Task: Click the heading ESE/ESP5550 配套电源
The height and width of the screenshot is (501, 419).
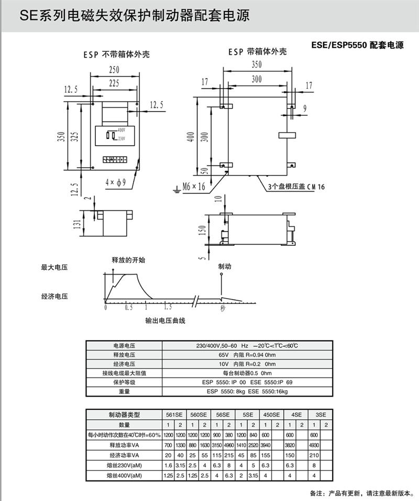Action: click(x=358, y=46)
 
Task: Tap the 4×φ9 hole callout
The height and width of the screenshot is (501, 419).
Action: click(x=115, y=182)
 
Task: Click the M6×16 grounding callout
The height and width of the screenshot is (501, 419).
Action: click(x=193, y=186)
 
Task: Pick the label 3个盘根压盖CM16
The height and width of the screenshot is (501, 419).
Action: click(x=296, y=186)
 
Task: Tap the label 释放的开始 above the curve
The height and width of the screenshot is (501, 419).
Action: click(x=128, y=260)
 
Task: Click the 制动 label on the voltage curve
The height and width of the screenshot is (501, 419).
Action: click(x=225, y=267)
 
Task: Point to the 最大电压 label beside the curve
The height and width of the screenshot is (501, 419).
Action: click(x=55, y=267)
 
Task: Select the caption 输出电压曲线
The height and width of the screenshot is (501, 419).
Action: click(x=166, y=320)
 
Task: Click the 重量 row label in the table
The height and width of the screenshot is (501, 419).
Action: click(x=124, y=391)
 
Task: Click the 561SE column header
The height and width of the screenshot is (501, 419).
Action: click(x=174, y=415)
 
